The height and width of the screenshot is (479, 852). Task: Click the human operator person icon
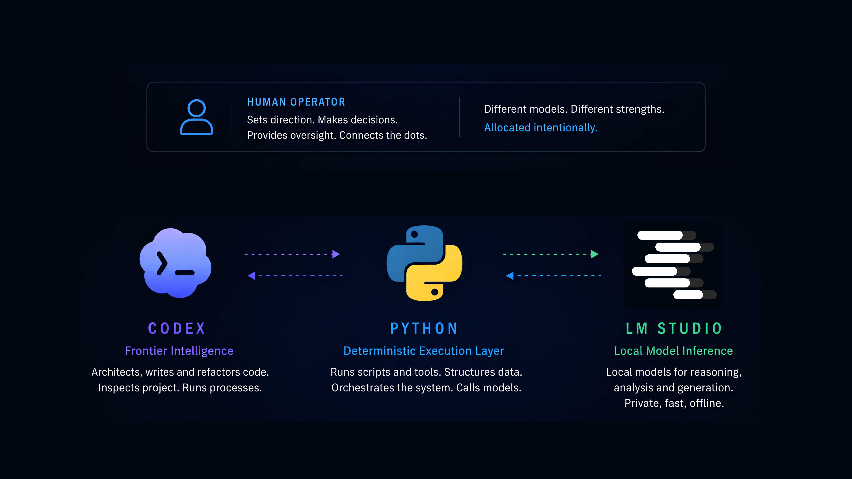[x=196, y=117]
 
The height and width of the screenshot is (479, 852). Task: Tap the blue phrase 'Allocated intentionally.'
[x=541, y=128]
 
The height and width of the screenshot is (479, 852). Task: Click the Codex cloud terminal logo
[x=175, y=263]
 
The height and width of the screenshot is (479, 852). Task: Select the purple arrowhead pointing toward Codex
[x=251, y=276]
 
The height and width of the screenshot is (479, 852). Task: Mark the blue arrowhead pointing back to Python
[x=510, y=276]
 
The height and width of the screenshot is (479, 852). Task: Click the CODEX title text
[x=177, y=328]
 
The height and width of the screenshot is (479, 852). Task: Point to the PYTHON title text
[x=424, y=328]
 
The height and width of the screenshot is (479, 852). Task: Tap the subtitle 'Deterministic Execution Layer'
[x=424, y=351]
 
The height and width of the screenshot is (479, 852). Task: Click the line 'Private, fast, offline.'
[x=674, y=403]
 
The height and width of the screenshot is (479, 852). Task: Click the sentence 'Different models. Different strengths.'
[x=574, y=109]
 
